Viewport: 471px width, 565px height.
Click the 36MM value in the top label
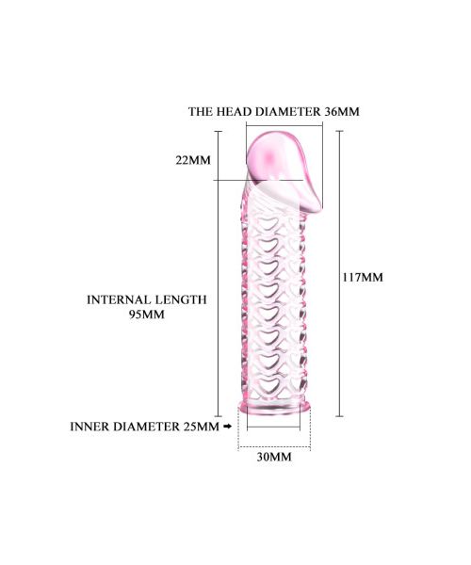[342, 112]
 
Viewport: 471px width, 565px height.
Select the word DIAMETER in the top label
[288, 112]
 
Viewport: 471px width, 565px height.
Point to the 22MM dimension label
[193, 160]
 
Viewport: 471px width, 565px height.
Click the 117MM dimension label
[363, 278]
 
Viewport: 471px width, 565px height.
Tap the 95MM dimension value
[147, 315]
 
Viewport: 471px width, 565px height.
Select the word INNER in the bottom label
[89, 427]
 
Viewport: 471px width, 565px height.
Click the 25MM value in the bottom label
[201, 427]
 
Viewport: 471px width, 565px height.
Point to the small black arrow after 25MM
[227, 427]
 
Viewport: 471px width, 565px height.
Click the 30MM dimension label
[274, 458]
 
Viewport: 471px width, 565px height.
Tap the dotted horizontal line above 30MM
[274, 447]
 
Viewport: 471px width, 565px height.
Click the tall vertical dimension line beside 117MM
[339, 274]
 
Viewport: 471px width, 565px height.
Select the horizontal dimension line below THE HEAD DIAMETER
[284, 126]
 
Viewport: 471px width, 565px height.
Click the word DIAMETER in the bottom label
[146, 427]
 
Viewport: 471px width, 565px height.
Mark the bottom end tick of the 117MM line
[339, 416]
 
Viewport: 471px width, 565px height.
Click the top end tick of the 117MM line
[339, 131]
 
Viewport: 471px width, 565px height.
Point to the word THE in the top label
[201, 112]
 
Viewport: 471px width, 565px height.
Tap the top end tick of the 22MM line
[218, 132]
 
